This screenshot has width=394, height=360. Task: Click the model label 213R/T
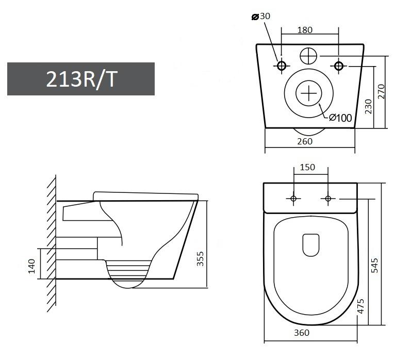[x=81, y=79]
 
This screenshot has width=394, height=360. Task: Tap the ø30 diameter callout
[x=261, y=17]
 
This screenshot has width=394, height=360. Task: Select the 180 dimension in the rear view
[x=305, y=30]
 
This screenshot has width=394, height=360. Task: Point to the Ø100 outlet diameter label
[x=340, y=118]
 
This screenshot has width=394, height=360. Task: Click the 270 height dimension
[x=381, y=91]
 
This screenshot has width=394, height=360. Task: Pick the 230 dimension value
[x=368, y=106]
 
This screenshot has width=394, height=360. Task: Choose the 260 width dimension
[x=305, y=141]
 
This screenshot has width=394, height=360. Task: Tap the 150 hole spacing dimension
[x=307, y=167]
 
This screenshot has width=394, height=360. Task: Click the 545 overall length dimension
[x=374, y=265]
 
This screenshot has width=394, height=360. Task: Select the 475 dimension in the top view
[x=360, y=306]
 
